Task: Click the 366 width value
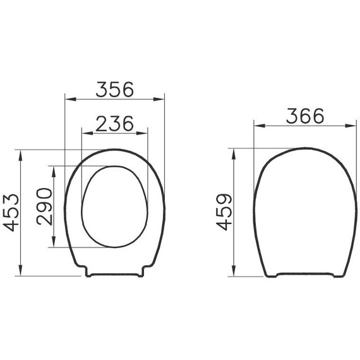coord(304,116)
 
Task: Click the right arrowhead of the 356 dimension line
coord(160,100)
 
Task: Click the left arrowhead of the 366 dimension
coord(257,126)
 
